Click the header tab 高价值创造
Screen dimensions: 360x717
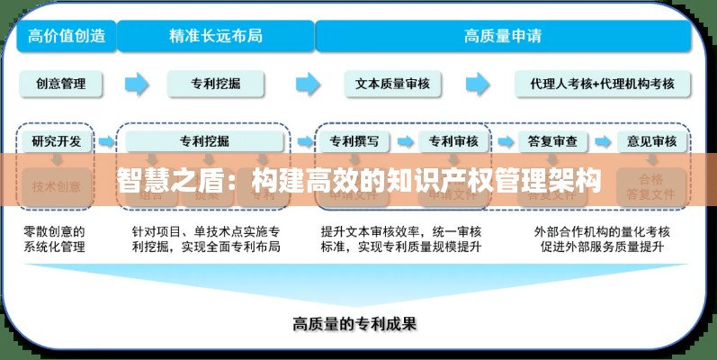coord(67,37)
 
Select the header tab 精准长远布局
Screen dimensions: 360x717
coord(216,37)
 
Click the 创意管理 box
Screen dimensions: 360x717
coord(61,84)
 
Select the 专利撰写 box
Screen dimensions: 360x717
coord(359,141)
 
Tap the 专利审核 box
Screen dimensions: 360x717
coord(453,141)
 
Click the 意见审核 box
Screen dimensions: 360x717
coord(651,141)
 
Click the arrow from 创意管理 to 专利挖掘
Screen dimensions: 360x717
coord(137,84)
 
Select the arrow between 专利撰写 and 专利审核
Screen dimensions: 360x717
coord(407,141)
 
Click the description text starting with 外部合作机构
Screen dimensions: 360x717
coord(601,238)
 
